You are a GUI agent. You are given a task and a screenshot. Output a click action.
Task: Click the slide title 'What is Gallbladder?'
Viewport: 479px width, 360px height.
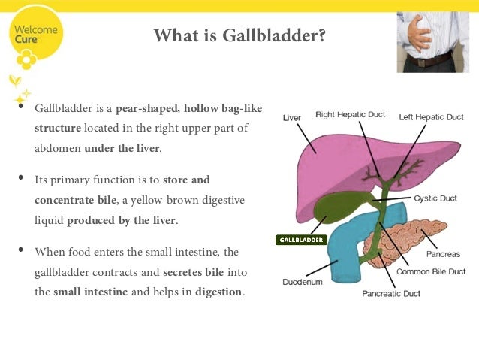(239, 35)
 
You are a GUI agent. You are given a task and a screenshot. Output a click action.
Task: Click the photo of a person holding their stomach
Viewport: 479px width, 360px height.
(433, 42)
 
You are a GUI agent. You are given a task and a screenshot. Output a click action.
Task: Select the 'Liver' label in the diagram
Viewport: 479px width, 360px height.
(292, 118)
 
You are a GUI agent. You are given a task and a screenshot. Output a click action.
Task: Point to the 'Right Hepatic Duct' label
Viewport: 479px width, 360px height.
(350, 115)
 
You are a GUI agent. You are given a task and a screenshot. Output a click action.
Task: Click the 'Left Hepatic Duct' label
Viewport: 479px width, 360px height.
(431, 117)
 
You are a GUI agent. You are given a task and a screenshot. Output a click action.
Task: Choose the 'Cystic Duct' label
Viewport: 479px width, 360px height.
(435, 199)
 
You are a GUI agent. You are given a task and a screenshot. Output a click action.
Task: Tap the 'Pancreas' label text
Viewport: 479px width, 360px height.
(443, 254)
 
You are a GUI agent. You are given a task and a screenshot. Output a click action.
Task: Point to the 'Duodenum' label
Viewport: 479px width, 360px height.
(302, 283)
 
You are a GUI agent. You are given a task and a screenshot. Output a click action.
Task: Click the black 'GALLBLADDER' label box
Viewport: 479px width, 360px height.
(301, 240)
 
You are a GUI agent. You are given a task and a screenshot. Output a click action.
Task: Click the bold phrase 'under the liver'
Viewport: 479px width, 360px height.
(122, 148)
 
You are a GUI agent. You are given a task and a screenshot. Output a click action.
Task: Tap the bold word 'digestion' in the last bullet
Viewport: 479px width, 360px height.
(219, 291)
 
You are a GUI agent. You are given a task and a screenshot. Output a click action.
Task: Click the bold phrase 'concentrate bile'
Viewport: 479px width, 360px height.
(75, 200)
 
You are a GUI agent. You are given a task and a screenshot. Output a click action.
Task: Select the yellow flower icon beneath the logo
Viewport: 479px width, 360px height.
(28, 59)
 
